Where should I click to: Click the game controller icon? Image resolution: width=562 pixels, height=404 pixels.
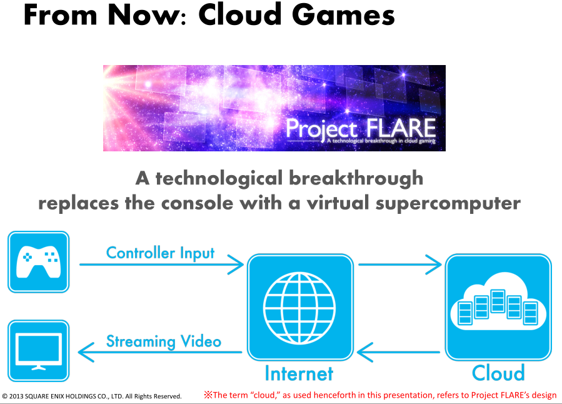38,262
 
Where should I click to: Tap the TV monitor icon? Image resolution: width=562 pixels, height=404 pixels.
38,351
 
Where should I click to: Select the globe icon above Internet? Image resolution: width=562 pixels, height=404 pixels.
300,307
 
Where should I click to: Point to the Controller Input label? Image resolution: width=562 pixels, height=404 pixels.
160,253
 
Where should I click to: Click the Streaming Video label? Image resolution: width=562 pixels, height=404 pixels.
163,341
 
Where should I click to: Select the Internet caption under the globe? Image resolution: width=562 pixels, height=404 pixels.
299,373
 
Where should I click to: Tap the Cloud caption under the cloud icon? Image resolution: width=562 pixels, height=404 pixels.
498,373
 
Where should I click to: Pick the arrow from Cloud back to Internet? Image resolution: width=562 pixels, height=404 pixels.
400,353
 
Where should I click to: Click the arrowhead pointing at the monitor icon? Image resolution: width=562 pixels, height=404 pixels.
87,353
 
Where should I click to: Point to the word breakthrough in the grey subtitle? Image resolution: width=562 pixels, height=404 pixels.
356,179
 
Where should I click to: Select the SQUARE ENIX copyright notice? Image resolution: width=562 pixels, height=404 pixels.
92,396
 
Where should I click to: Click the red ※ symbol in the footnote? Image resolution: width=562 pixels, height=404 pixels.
208,395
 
